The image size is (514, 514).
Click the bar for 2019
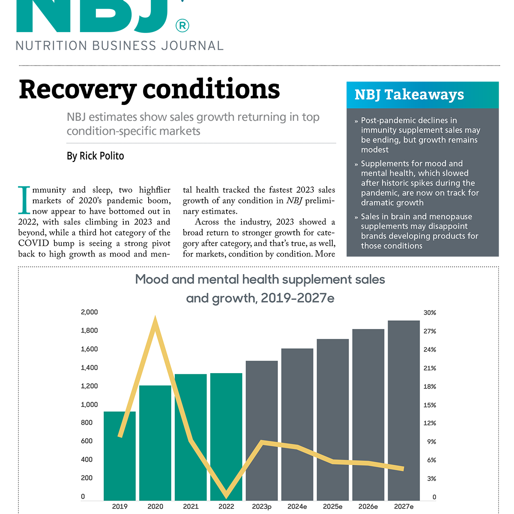(120, 456)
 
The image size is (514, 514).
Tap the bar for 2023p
(262, 430)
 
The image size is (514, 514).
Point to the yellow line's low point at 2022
(227, 496)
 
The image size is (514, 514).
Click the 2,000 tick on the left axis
(89, 312)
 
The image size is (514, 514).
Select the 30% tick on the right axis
(430, 313)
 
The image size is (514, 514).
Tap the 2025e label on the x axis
(332, 507)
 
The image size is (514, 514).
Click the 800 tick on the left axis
(87, 423)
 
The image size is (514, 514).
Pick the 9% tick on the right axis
(431, 442)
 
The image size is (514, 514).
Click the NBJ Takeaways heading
(409, 95)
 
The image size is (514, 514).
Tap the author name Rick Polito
(102, 156)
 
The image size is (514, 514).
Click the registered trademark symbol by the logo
(182, 26)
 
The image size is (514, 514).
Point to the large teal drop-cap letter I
(24, 200)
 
